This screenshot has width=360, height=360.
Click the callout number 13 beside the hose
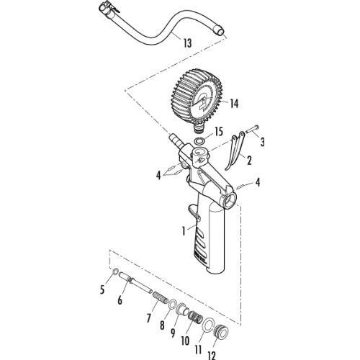tap(188, 43)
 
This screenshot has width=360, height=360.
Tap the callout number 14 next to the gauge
tap(234, 104)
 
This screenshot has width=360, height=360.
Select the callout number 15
tap(219, 132)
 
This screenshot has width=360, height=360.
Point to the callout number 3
tap(263, 142)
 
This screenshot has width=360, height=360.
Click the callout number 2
tap(249, 161)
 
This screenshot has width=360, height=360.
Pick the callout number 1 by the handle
tap(184, 231)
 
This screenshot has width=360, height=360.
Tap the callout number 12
tap(212, 356)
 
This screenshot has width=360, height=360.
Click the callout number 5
tap(102, 290)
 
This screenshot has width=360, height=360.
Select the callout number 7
tap(148, 318)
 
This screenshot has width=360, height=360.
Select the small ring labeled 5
tap(115, 272)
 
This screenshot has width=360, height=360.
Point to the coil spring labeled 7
tap(161, 297)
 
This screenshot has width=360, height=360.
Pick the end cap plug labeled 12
tap(221, 331)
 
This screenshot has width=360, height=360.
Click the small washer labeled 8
tap(173, 305)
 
